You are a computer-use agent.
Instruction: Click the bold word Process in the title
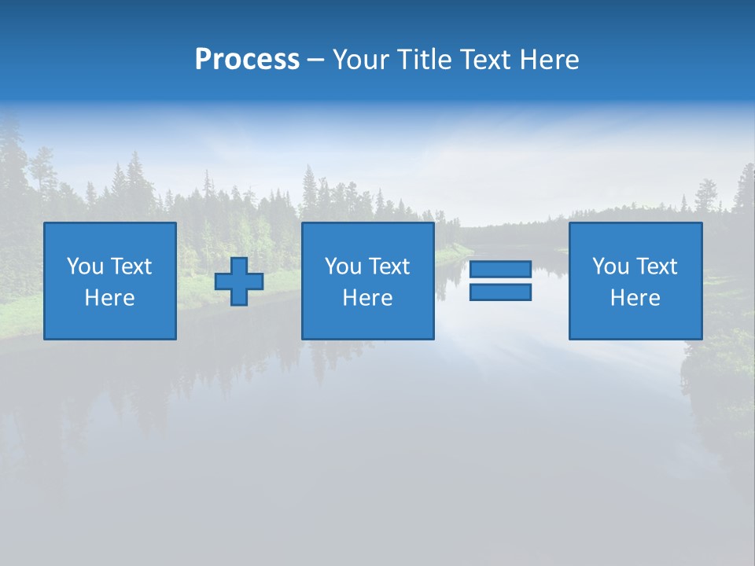pyautogui.click(x=247, y=60)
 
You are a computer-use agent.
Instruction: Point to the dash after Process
pyautogui.click(x=316, y=61)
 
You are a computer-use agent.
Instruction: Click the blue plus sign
pyautogui.click(x=239, y=281)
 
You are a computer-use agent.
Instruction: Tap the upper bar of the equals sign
pyautogui.click(x=500, y=269)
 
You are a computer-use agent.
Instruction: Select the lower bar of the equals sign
pyautogui.click(x=500, y=292)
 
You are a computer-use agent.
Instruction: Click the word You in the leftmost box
pyautogui.click(x=85, y=266)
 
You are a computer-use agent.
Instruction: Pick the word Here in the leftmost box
pyautogui.click(x=109, y=298)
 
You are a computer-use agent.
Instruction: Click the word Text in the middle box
pyautogui.click(x=389, y=266)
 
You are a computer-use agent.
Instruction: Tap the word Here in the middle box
pyautogui.click(x=367, y=298)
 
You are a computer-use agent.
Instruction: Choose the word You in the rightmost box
pyautogui.click(x=610, y=266)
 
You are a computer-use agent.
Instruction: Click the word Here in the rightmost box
pyautogui.click(x=635, y=298)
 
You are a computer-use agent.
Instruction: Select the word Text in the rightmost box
pyautogui.click(x=656, y=266)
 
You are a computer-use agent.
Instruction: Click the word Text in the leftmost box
pyautogui.click(x=131, y=266)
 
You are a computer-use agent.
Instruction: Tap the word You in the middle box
pyautogui.click(x=343, y=266)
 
